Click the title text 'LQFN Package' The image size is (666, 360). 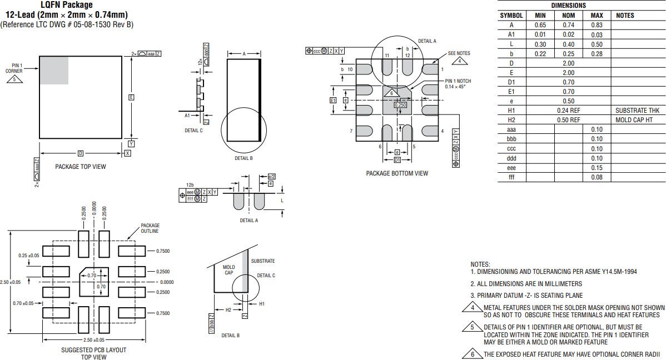tap(66, 5)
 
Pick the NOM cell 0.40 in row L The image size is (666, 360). tap(568, 44)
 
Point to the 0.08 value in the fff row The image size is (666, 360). tap(597, 177)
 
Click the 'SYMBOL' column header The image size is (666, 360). tap(511, 16)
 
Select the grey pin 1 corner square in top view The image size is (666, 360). tap(54, 70)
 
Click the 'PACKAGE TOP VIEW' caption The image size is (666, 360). tap(81, 167)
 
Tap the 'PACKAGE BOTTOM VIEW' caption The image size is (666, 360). tap(397, 173)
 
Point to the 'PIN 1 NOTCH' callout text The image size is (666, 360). tap(458, 81)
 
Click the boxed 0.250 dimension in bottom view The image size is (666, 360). tap(400, 104)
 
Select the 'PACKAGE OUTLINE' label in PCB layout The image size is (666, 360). tap(150, 228)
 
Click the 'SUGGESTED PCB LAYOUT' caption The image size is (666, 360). tap(93, 350)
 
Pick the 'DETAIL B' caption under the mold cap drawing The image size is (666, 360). tap(230, 336)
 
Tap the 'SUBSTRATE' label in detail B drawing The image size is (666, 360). tap(262, 261)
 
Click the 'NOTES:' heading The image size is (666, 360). tap(480, 264)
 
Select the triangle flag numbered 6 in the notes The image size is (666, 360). tap(473, 354)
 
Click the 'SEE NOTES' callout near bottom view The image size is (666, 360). tap(459, 53)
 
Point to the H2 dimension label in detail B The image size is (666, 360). tap(228, 310)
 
